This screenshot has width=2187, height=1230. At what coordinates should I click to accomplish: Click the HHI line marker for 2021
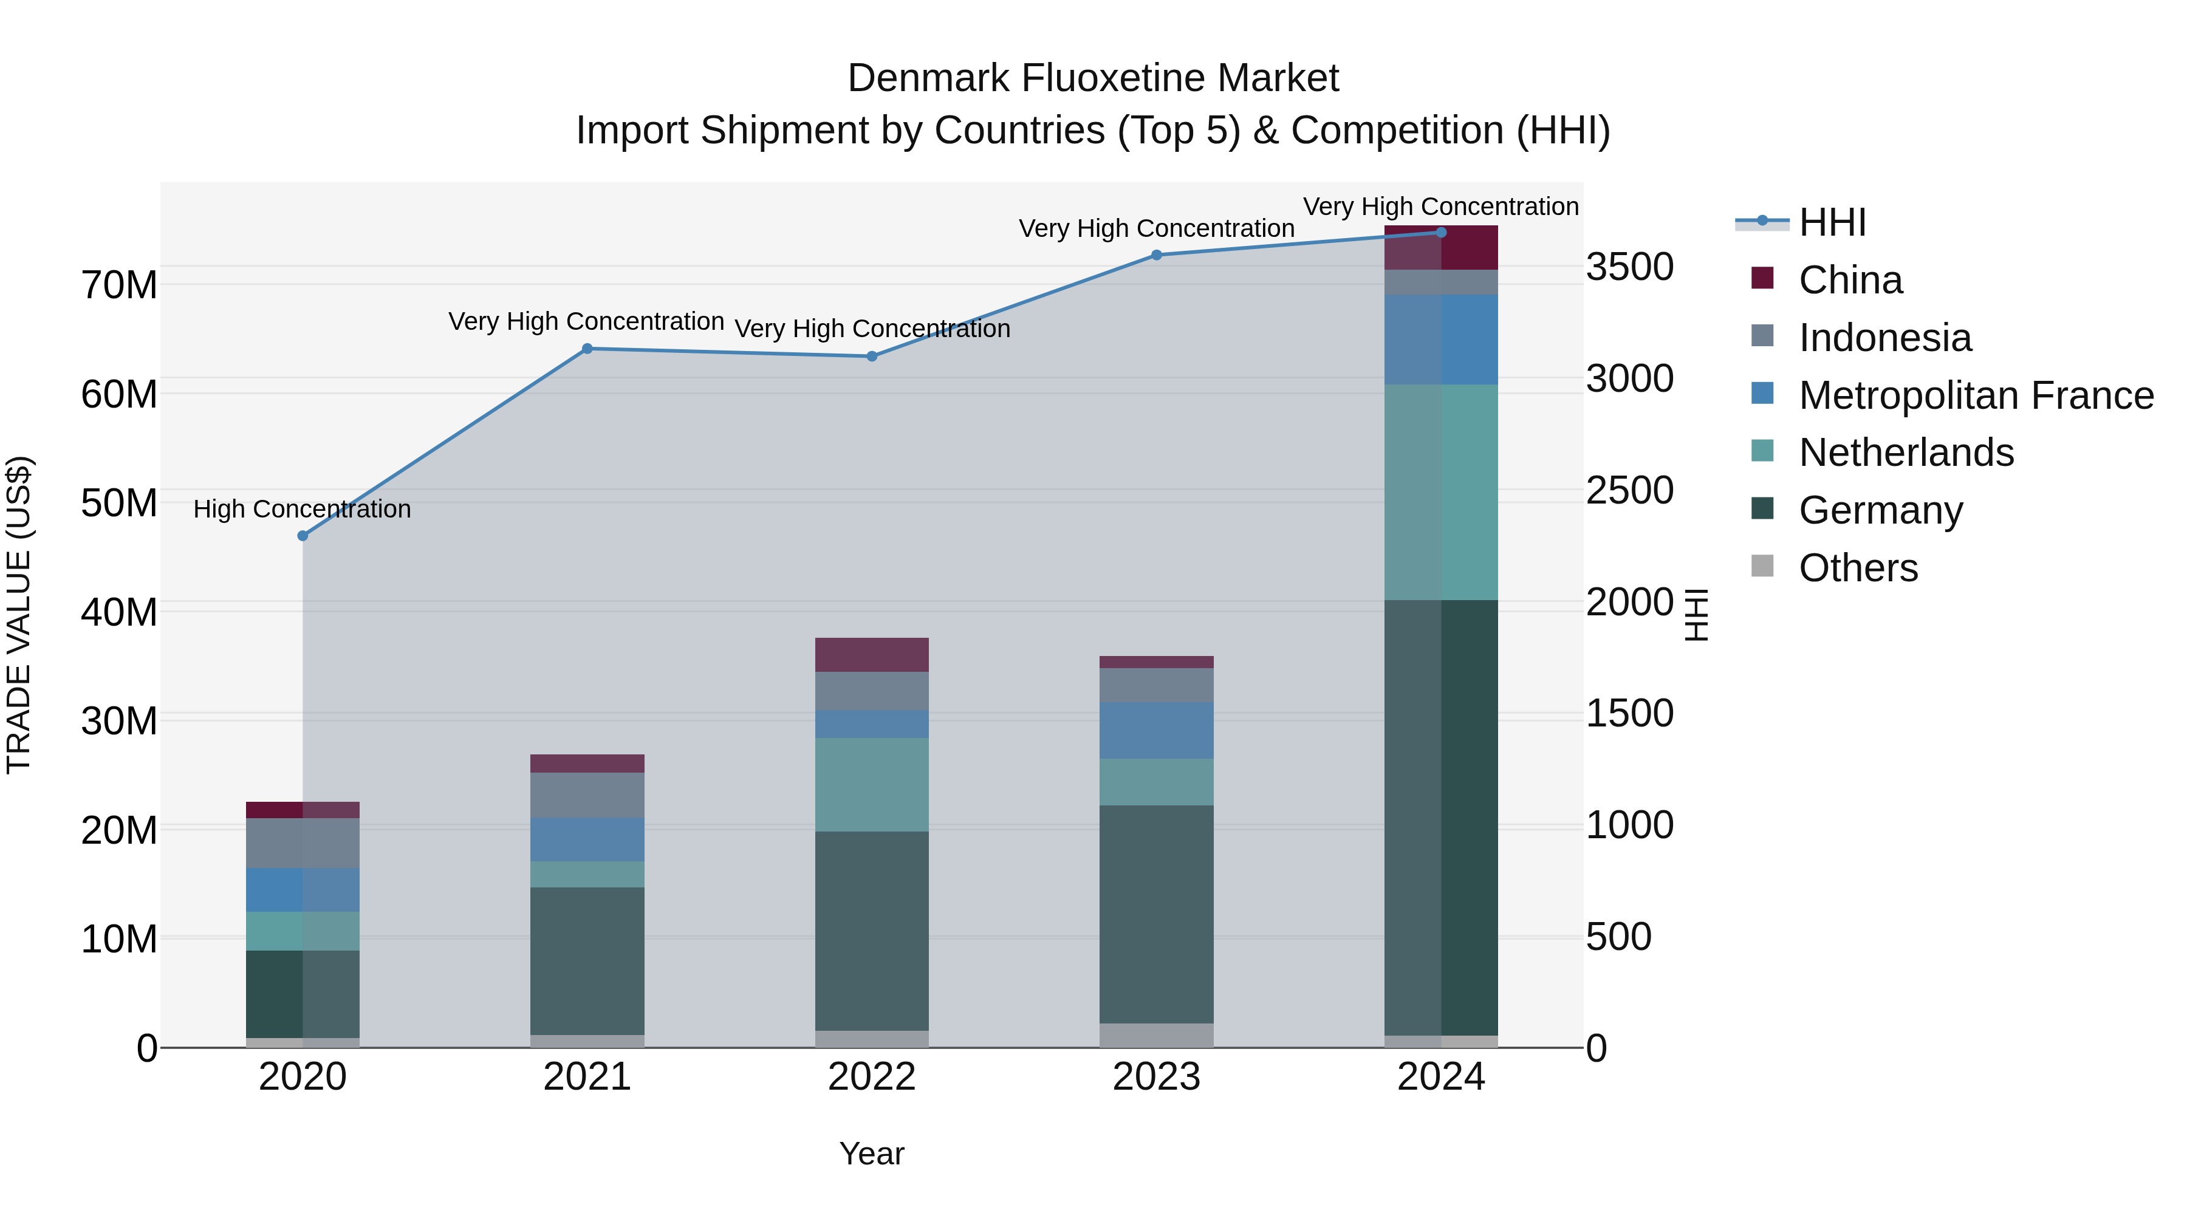587,348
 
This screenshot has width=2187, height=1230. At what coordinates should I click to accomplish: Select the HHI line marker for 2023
1156,255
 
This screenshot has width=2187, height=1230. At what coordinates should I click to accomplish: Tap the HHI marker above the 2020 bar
303,536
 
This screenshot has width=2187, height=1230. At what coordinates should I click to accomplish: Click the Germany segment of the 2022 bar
872,931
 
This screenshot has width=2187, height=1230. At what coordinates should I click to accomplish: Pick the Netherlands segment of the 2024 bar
1441,493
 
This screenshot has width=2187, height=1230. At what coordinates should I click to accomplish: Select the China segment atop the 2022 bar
872,654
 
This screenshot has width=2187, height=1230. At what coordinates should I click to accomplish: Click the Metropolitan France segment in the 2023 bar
1156,730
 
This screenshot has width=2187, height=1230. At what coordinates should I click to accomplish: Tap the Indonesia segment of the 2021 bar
587,794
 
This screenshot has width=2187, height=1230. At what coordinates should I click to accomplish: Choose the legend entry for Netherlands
1905,453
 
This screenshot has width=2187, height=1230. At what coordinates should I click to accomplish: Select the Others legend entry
1858,568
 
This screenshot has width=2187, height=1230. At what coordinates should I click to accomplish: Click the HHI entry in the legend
1832,222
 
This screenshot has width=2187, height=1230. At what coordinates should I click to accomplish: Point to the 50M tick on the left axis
119,504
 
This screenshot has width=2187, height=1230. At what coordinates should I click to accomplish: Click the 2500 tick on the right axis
1629,491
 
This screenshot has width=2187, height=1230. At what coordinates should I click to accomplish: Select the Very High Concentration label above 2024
1441,207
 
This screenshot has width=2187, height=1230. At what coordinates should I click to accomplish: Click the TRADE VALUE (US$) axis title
19,615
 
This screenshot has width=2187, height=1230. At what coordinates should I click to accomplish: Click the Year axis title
872,1153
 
